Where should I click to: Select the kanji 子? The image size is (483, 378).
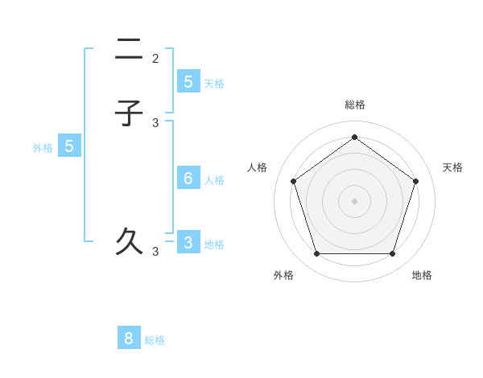point(129,113)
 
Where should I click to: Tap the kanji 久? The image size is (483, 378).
point(129,241)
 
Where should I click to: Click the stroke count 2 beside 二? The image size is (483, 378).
point(155,59)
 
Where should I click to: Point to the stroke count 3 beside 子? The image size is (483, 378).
point(155,123)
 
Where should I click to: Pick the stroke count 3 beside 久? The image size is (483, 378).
point(155,252)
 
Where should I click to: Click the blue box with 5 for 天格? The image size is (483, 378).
point(188,81)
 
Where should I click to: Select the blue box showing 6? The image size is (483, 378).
point(188,178)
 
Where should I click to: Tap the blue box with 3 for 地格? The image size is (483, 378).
point(188,242)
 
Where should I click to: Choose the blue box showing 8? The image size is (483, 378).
point(129,339)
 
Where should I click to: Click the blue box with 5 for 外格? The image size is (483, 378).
point(69,146)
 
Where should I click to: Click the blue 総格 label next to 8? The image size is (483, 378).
point(155,340)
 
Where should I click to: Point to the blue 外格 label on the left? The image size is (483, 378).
point(42,148)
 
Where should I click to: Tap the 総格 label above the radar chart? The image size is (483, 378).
point(354,105)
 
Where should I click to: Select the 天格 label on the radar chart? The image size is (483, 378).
point(452,167)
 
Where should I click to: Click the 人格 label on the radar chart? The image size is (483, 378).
point(258,167)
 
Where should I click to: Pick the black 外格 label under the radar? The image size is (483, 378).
point(283,275)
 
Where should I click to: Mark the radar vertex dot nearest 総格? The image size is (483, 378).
point(354,137)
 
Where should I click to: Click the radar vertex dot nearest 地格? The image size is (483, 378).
point(392,254)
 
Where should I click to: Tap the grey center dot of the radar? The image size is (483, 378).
point(354,200)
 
